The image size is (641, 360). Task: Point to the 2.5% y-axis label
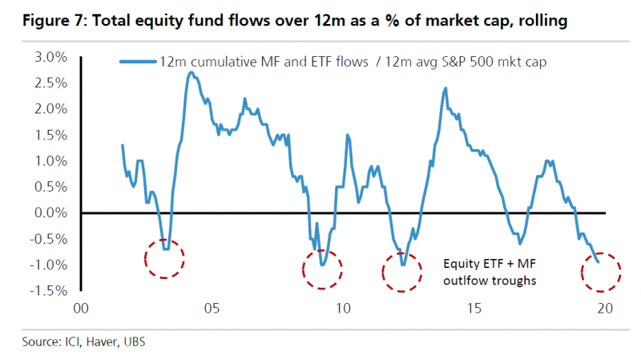49,83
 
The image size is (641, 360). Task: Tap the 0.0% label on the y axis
49,212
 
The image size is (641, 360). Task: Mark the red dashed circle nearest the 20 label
599,271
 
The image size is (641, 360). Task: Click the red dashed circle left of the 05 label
165,258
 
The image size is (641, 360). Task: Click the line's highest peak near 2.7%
190,72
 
